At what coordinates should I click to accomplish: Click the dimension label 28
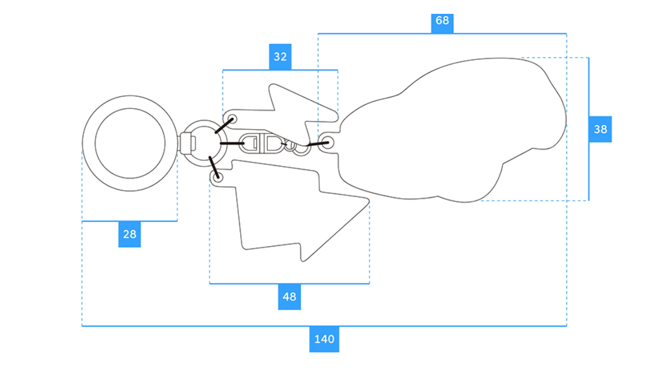[130, 234]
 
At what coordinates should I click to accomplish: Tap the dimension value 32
[280, 57]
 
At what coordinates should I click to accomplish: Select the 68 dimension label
[442, 21]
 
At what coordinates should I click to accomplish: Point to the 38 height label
[600, 129]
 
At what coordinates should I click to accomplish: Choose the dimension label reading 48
[289, 296]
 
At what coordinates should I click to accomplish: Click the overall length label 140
[324, 339]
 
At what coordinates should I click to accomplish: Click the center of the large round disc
[130, 142]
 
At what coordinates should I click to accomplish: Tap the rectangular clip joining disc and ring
[185, 142]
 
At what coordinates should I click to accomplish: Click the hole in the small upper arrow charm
[233, 119]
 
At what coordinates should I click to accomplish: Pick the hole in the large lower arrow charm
[218, 178]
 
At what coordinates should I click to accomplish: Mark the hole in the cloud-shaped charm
[328, 141]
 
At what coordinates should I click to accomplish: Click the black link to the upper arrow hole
[223, 126]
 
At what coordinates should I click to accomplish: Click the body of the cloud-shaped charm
[455, 133]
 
